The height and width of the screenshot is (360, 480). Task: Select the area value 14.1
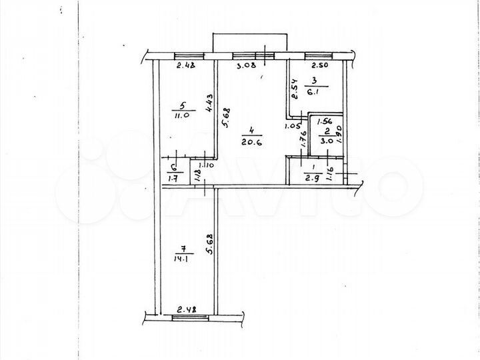182,260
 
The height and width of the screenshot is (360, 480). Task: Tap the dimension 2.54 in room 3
293,89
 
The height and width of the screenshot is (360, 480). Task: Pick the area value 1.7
174,178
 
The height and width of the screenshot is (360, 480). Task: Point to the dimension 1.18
197,177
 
